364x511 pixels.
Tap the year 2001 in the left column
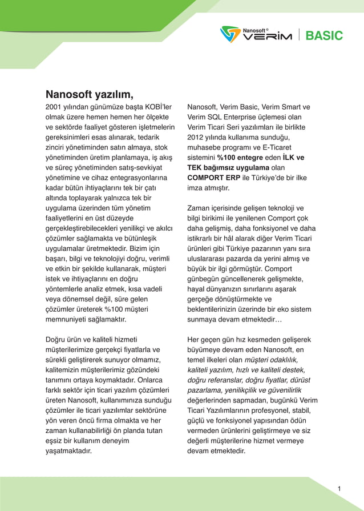[54, 107]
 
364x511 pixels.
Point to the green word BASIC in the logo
[324, 35]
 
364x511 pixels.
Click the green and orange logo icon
[230, 34]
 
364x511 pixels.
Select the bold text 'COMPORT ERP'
[213, 178]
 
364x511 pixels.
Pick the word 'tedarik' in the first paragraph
[147, 138]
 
